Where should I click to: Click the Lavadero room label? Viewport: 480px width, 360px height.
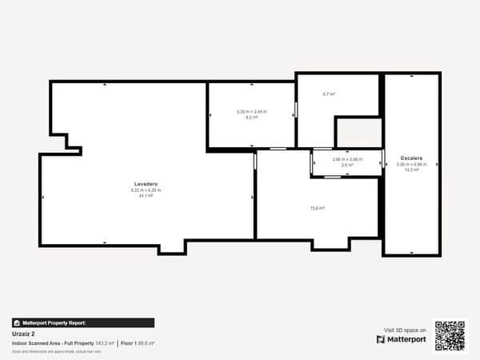[146, 184]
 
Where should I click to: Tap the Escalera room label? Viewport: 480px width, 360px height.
[411, 158]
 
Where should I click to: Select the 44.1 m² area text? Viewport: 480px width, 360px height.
[146, 195]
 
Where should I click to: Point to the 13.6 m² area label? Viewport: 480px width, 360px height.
[317, 208]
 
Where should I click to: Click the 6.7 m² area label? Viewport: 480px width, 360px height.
[328, 94]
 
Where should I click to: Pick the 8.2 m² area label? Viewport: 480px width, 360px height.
[251, 117]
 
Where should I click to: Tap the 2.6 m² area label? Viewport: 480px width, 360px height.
[346, 165]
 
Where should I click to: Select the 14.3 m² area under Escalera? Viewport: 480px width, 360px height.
[411, 170]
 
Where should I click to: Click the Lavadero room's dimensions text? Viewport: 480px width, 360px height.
[146, 190]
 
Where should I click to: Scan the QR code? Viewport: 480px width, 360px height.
[450, 335]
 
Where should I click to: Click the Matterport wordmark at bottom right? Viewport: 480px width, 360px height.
[406, 339]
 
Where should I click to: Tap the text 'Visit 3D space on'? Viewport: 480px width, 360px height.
[405, 329]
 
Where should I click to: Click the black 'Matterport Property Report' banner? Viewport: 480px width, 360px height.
[82, 322]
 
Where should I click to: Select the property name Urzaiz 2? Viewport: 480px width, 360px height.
[24, 334]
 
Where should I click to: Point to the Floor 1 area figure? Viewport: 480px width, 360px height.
[138, 343]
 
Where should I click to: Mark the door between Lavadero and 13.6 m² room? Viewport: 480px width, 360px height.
[255, 162]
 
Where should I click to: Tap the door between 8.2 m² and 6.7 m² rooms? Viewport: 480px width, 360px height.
[295, 110]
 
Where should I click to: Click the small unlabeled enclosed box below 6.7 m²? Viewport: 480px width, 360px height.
[358, 132]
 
